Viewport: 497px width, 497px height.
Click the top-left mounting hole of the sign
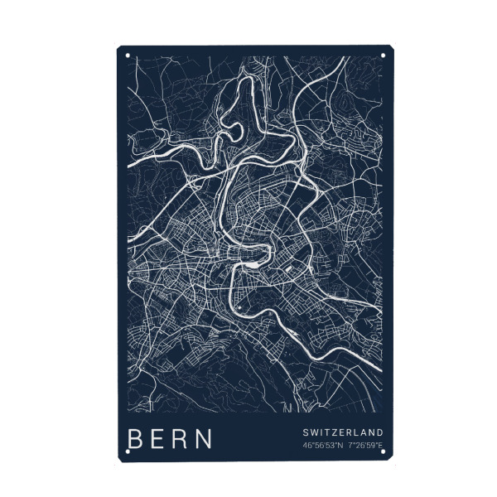pos(128,56)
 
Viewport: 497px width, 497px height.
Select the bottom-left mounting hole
pos(128,449)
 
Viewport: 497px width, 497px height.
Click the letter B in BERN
pos(136,438)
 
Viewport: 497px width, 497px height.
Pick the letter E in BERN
pos(159,438)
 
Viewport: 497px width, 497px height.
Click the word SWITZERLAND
pos(342,432)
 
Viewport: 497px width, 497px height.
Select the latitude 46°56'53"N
pos(322,446)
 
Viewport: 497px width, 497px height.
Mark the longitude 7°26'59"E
pos(365,446)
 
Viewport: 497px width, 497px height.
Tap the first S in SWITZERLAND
pos(306,432)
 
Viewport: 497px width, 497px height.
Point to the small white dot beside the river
pos(239,309)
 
